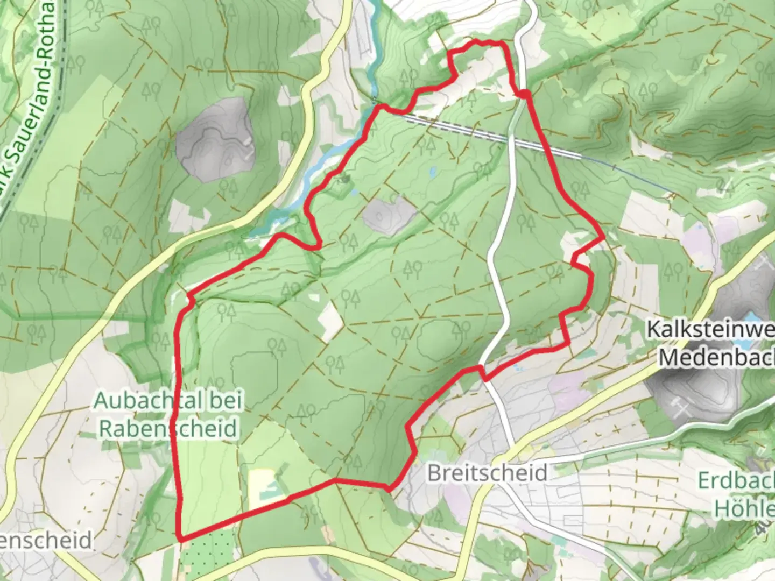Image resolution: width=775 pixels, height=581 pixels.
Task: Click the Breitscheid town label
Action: point(487,473)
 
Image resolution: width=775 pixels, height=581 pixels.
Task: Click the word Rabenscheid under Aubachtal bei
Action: point(168,428)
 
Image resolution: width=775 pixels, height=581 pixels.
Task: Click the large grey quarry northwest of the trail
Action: point(214,141)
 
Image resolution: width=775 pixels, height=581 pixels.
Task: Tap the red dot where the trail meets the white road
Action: point(524,95)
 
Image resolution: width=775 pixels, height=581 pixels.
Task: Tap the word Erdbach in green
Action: point(735,480)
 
